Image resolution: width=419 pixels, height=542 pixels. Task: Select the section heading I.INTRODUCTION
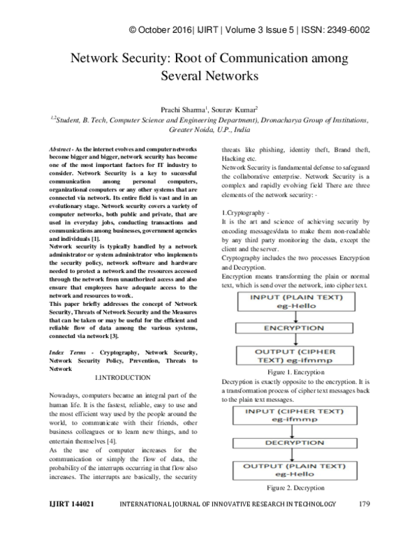(x=122, y=377)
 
